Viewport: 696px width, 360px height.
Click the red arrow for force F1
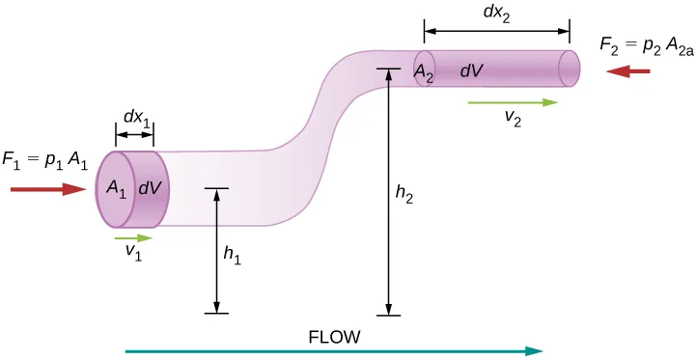click(48, 190)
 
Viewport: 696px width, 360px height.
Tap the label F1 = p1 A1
click(45, 162)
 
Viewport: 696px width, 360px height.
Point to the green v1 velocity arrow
click(133, 237)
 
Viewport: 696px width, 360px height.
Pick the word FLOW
click(334, 337)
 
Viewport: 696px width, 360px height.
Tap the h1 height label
click(232, 256)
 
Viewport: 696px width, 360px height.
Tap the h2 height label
click(405, 194)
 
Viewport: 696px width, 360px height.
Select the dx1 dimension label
click(135, 118)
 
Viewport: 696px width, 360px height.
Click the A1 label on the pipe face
click(117, 189)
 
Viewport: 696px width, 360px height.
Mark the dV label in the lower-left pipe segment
click(150, 189)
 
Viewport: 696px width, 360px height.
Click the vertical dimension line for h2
click(389, 193)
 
